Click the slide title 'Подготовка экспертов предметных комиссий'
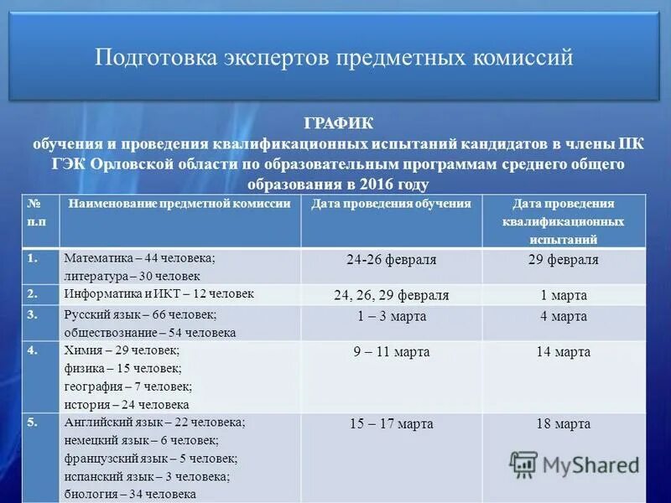point(334,58)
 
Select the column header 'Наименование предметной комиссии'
point(179,204)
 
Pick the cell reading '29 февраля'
point(563,260)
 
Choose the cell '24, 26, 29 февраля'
point(391,296)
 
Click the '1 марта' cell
point(563,296)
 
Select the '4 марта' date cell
point(563,316)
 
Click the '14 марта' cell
point(563,352)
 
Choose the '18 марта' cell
point(563,424)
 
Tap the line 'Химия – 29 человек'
point(122,350)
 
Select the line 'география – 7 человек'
point(127,386)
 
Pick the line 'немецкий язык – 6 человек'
point(141,441)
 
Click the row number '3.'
point(33,314)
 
